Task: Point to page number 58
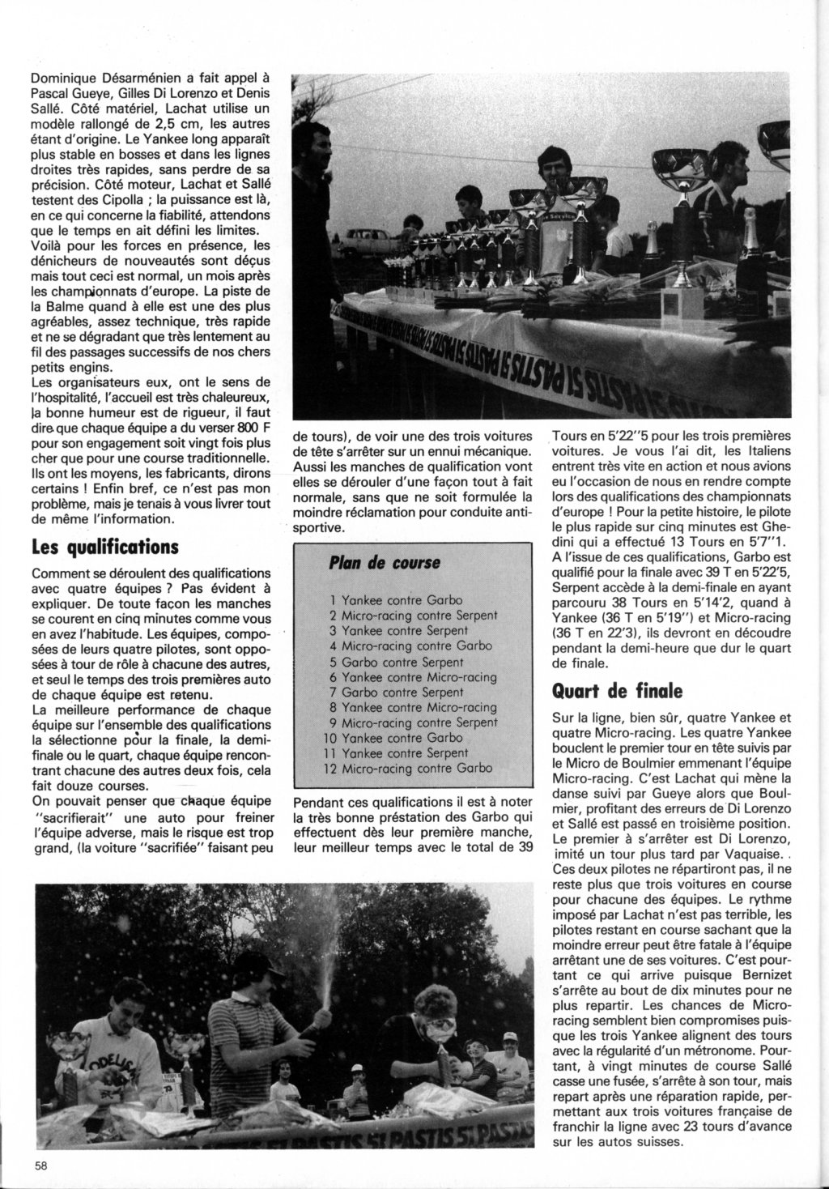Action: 40,1166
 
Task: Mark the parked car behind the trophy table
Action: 370,238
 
